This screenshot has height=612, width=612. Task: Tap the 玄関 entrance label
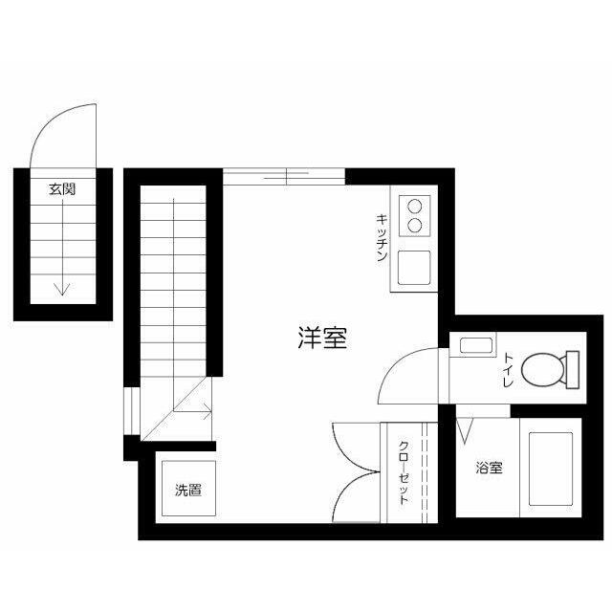[x=63, y=189]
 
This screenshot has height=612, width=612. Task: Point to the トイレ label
[x=508, y=369]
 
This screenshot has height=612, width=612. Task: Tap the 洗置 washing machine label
[x=187, y=492]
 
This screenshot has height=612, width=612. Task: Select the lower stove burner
[x=416, y=226]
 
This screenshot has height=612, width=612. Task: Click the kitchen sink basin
[x=415, y=267]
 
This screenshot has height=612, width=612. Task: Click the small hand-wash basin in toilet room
[x=474, y=346]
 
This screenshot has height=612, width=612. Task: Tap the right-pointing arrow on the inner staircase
[x=203, y=413]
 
